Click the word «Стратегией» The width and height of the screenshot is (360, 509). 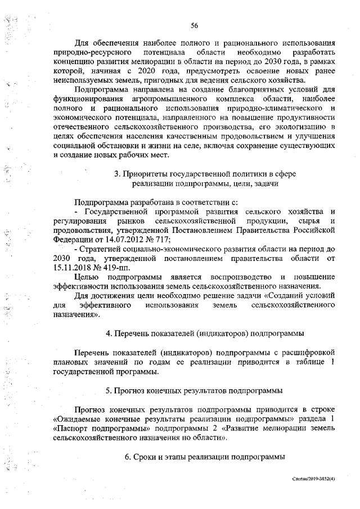[x=102, y=248]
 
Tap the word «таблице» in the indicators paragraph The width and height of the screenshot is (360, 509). [x=308, y=363]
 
